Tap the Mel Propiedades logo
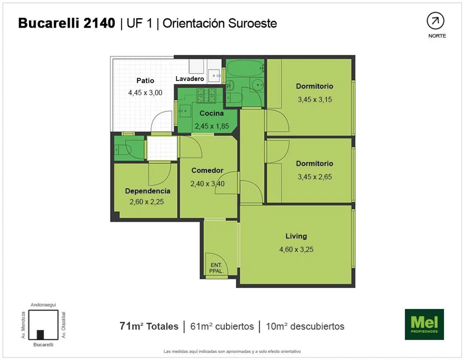point(424,324)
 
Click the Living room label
point(296,236)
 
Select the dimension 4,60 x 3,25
point(296,249)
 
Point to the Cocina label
point(212,113)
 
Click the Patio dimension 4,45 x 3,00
point(145,93)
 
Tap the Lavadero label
point(190,79)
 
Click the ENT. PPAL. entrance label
point(216,268)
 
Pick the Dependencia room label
point(148,191)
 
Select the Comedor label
point(207,170)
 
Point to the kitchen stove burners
point(206,95)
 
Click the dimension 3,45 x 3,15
point(315,100)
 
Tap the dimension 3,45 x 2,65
point(315,177)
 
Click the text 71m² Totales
point(149,326)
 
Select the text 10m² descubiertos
point(305,326)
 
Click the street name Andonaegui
point(43,305)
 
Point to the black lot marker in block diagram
point(40,335)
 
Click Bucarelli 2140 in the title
point(67,23)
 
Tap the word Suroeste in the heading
point(252,23)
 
